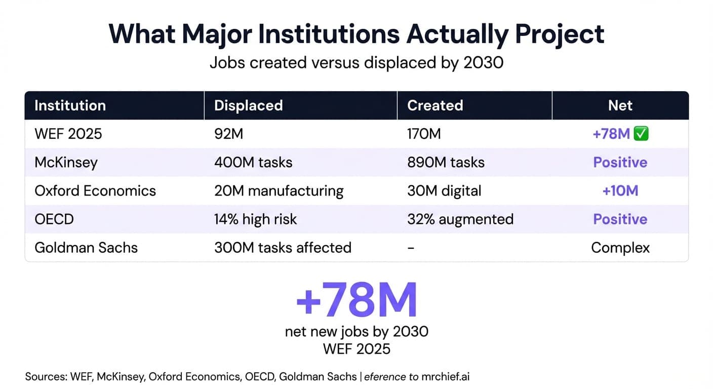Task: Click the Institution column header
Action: click(x=70, y=105)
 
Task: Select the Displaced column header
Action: click(x=248, y=105)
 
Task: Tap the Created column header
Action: click(x=435, y=105)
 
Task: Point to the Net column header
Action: click(x=620, y=105)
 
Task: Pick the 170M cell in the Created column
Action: click(x=424, y=134)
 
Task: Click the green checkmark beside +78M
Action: click(x=642, y=134)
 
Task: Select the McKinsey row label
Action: click(x=66, y=162)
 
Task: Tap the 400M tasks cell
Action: click(x=253, y=162)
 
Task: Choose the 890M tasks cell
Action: click(x=446, y=162)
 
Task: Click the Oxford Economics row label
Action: click(x=95, y=191)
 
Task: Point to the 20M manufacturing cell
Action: click(x=279, y=191)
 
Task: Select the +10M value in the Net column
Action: click(x=620, y=191)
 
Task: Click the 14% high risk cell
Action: click(x=255, y=219)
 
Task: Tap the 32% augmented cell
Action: click(x=460, y=219)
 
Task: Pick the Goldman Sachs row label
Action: click(x=86, y=248)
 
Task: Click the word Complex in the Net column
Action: click(x=620, y=248)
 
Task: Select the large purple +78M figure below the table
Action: click(x=356, y=300)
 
